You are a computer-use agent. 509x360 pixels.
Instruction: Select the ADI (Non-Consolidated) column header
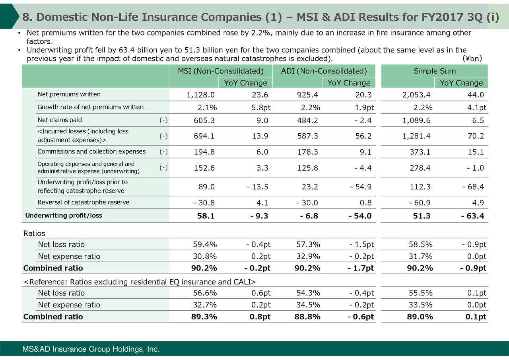[x=323, y=71]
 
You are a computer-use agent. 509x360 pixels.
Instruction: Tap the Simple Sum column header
[x=435, y=71]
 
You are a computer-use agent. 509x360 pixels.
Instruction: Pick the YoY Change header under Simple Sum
[x=461, y=83]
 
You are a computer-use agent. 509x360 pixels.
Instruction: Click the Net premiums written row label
[x=69, y=94]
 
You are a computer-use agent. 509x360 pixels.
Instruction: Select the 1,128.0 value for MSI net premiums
[x=201, y=95]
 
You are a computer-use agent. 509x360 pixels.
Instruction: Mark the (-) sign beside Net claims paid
[x=163, y=120]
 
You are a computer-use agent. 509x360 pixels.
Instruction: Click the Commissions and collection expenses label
[x=91, y=152]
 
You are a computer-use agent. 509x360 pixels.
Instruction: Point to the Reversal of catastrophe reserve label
[x=83, y=202]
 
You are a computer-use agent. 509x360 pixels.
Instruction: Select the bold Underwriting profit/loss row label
[x=64, y=216]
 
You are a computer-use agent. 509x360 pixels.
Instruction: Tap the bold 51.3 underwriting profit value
[x=424, y=216]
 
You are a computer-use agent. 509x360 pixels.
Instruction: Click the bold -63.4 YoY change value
[x=473, y=216]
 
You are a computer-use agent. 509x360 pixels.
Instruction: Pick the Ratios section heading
[x=35, y=233]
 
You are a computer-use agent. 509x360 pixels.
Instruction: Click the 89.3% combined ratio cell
[x=204, y=317]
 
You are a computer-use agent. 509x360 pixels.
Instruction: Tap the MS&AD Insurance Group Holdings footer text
[x=91, y=350]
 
